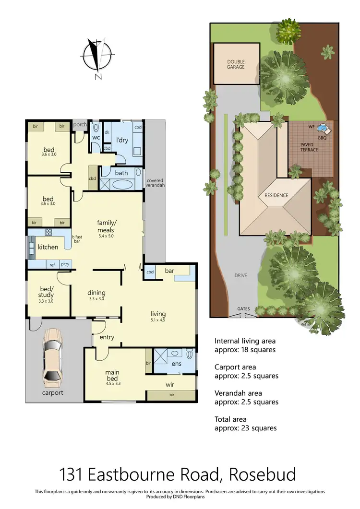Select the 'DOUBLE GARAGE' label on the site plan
(236, 64)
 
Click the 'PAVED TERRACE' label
(309, 147)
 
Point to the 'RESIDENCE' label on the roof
(276, 195)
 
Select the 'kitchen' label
(48, 247)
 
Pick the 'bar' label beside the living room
(169, 271)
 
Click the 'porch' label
(80, 125)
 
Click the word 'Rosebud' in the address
(263, 474)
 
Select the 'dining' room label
(96, 293)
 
